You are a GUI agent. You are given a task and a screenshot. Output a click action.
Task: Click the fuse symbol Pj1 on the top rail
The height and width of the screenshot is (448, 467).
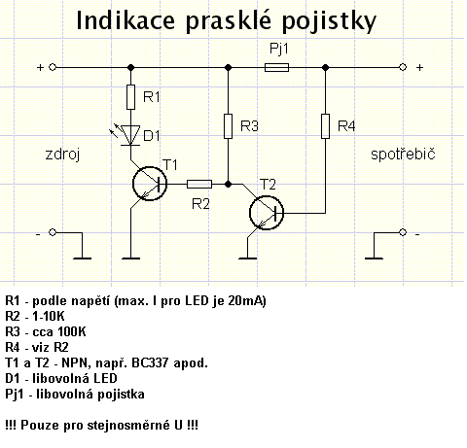[x=276, y=67]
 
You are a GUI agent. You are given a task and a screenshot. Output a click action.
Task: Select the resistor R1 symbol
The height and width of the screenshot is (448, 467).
[x=130, y=97]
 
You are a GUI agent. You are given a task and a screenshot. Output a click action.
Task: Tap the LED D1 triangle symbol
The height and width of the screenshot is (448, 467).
[x=130, y=135]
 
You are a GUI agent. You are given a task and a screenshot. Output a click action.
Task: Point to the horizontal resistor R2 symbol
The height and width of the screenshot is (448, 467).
[x=199, y=184]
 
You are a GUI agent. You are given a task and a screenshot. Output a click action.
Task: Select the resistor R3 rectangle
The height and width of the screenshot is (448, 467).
[x=229, y=126]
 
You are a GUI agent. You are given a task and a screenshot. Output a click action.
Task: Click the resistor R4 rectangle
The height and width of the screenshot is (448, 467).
[x=325, y=126]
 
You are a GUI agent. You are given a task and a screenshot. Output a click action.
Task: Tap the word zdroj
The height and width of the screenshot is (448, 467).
[x=62, y=155]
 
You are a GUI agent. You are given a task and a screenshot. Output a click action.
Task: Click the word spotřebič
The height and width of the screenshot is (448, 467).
[x=403, y=154]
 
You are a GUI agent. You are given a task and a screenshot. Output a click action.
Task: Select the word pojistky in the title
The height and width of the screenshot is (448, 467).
[x=329, y=21]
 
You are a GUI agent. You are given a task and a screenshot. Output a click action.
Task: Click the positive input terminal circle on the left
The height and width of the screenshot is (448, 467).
[x=53, y=67]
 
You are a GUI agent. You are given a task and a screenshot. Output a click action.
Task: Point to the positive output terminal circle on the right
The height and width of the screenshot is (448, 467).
[x=403, y=67]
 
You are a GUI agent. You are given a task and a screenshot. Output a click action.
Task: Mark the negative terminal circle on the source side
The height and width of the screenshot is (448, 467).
[x=53, y=232]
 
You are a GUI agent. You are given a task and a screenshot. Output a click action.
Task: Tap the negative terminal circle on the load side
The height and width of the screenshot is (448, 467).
[x=403, y=232]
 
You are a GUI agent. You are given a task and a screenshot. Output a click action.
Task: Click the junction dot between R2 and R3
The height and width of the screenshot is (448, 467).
[x=229, y=184]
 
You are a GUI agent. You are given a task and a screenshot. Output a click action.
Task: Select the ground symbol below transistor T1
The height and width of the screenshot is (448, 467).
[x=130, y=258]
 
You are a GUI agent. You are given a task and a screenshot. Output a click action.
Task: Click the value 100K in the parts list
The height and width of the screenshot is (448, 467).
[x=72, y=331]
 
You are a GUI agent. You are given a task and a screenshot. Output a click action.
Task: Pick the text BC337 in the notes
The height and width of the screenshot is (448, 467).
[x=150, y=362]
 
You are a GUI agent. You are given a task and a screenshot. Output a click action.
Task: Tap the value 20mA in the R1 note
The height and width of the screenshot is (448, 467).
[x=246, y=301]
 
